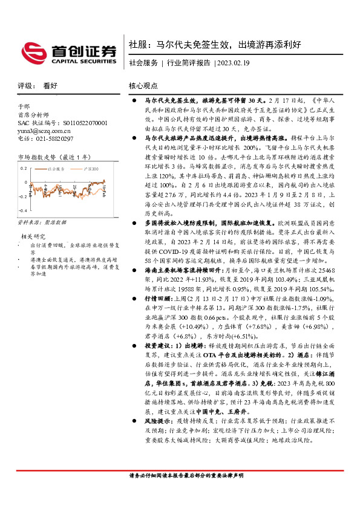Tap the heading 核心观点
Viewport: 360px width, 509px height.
(143, 86)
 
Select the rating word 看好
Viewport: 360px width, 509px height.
(50, 86)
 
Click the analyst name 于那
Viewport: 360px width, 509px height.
(24, 106)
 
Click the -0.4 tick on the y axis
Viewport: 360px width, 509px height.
(22, 210)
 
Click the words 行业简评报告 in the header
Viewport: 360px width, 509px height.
(189, 63)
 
